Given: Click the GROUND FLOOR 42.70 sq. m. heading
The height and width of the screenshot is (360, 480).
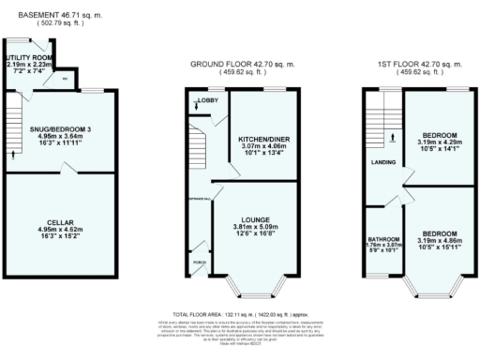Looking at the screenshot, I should (x=242, y=64).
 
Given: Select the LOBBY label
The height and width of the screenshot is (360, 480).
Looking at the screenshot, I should (x=205, y=99).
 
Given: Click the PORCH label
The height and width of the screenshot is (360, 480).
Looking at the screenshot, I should (x=197, y=262).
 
